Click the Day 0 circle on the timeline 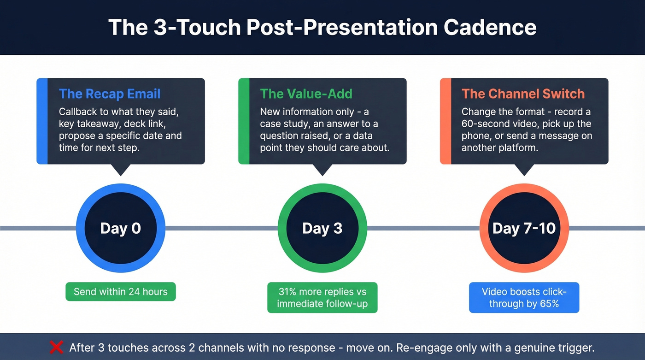pos(121,229)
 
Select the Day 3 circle pos(322,229)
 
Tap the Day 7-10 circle pos(524,229)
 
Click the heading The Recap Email pos(110,94)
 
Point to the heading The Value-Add pos(306,94)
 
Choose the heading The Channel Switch pos(523,94)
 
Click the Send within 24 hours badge pos(121,292)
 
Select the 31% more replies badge pos(322,298)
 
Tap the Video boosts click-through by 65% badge pos(524,298)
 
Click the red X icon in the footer pos(56,347)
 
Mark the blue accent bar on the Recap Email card pos(42,121)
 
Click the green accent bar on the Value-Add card pos(244,121)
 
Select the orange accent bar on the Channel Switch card pos(446,121)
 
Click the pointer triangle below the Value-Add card pos(322,169)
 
